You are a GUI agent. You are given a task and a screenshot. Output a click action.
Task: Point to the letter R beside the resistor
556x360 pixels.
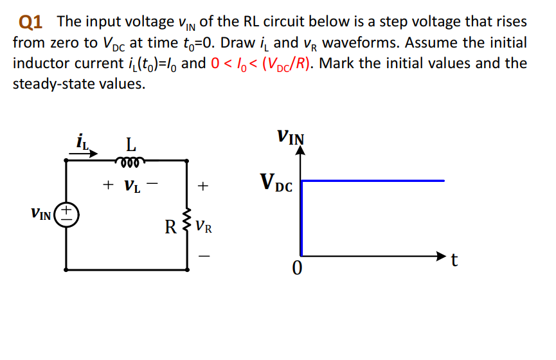[171, 227]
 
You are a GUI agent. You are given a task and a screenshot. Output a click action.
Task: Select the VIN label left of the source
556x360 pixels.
[42, 213]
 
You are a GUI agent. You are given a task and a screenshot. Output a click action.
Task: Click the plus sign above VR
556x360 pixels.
[202, 186]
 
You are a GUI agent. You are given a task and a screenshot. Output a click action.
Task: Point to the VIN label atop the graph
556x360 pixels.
[291, 137]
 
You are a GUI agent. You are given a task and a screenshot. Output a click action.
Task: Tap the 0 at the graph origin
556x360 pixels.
[296, 269]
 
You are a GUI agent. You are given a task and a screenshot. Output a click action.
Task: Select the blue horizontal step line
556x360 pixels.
[373, 181]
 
